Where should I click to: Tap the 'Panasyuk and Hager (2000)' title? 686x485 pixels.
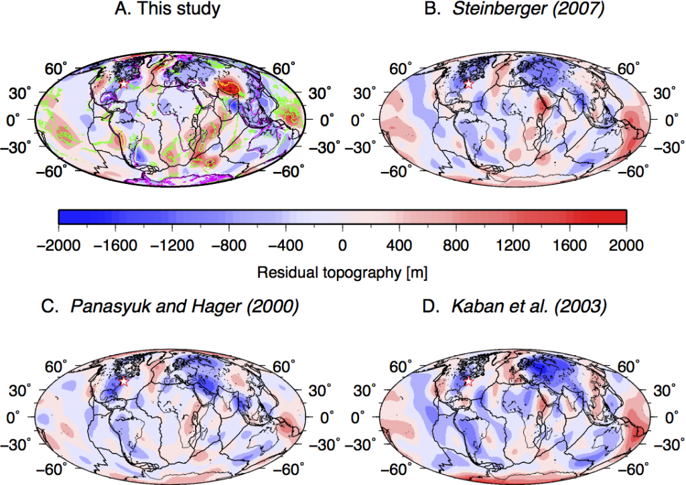click(170, 307)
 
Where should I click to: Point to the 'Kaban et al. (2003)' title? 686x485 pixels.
click(514, 307)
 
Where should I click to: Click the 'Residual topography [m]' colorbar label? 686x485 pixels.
click(342, 273)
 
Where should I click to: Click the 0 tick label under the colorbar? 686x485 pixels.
click(342, 245)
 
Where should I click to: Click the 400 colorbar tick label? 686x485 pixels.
click(399, 245)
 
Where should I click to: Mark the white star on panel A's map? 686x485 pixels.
click(124, 84)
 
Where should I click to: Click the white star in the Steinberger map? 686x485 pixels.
click(468, 84)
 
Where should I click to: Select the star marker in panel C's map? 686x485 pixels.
click(124, 381)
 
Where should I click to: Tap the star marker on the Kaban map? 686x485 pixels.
click(468, 381)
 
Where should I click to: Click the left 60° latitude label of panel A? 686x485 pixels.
click(56, 68)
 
